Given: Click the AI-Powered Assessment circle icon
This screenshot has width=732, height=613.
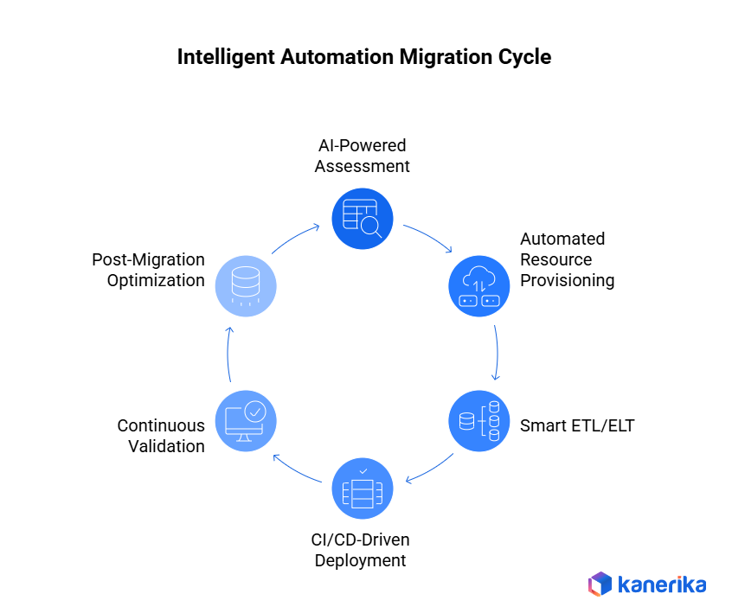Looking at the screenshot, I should pos(363,218).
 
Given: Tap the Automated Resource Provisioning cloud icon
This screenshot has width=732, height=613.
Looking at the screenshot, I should pos(479,286).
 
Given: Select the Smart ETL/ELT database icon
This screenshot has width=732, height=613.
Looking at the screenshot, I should pos(479,422).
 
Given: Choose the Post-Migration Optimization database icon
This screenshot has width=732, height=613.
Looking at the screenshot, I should pos(246,286).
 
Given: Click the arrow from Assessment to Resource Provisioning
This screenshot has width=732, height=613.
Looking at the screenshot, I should pos(428,238).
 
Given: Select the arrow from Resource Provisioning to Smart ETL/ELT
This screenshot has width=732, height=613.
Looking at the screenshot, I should pos(497,353).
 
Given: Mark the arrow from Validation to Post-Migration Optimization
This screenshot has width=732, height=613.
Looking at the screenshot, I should pos(229,354).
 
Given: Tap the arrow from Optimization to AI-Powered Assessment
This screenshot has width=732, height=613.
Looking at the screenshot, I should pos(296,239).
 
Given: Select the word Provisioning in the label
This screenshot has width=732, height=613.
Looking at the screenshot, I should pos(567,280).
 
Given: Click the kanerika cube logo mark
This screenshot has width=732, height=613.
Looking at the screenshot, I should pos(600,584).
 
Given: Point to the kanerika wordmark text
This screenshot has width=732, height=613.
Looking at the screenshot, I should pos(662,584).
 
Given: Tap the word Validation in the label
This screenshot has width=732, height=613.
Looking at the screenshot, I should pos(166,446).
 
